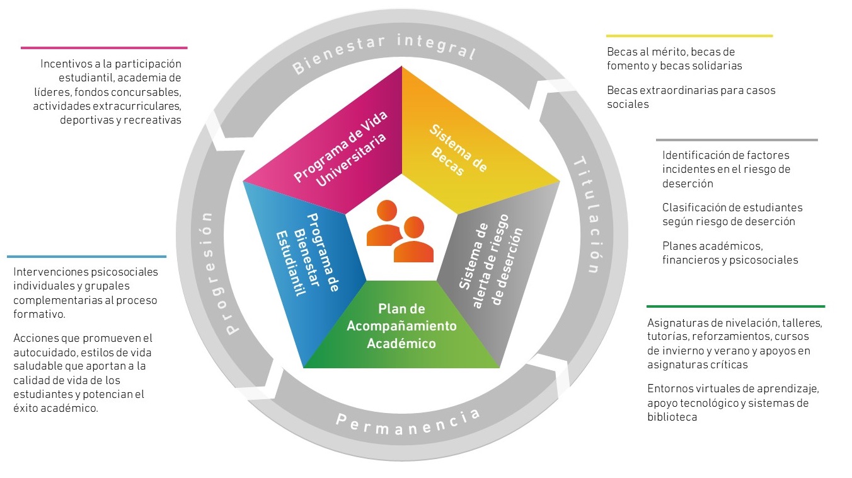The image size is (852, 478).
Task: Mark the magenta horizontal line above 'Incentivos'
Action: (x=104, y=47)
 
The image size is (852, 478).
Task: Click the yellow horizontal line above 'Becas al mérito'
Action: (x=689, y=36)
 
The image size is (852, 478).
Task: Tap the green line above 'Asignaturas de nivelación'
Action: (x=735, y=306)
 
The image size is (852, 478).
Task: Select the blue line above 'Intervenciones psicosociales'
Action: (x=86, y=257)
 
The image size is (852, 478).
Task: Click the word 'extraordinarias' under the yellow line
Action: (x=664, y=90)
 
